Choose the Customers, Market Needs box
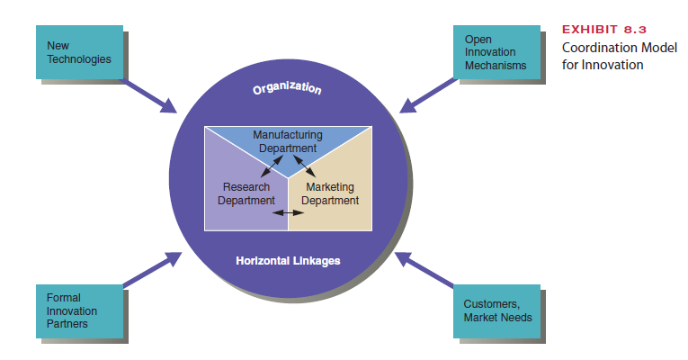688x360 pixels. [x=497, y=310]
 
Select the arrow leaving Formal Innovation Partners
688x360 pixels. [x=150, y=271]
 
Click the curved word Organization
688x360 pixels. [x=287, y=90]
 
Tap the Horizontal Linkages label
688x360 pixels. [x=288, y=261]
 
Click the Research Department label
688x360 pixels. [x=246, y=193]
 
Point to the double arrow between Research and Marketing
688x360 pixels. [x=288, y=213]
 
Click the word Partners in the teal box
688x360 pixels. [x=67, y=323]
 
